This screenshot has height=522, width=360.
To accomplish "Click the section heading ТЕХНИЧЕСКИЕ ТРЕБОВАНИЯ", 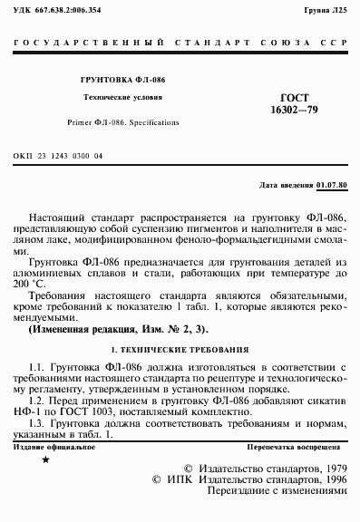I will [191, 349].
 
